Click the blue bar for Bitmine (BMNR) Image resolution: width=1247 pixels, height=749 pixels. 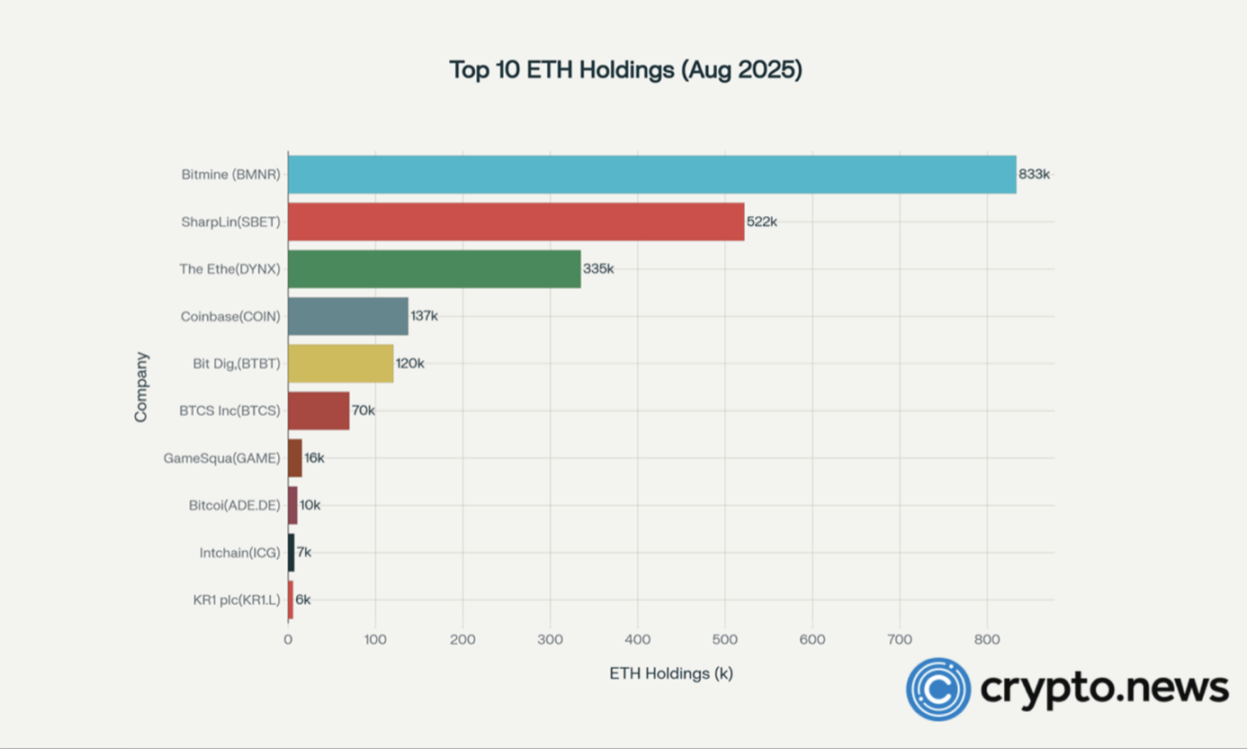click(x=651, y=175)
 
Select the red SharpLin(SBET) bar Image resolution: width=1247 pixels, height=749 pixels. click(x=516, y=221)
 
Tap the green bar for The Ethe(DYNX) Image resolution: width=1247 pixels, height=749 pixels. click(x=434, y=269)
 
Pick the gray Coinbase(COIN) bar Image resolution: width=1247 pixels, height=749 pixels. click(x=347, y=316)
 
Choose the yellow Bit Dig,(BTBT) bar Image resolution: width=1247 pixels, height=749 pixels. click(x=340, y=364)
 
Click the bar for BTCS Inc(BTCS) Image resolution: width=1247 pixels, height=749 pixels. click(x=318, y=411)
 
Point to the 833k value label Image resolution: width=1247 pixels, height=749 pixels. click(x=1034, y=175)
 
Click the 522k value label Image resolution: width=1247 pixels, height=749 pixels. click(x=761, y=221)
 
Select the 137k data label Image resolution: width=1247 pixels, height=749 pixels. click(x=424, y=316)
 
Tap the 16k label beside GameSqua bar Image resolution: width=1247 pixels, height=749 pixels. click(x=314, y=458)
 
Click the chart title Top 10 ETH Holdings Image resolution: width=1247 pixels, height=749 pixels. click(x=625, y=70)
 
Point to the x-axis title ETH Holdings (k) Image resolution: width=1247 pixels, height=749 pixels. click(x=671, y=673)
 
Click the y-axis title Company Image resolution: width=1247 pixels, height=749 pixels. click(x=141, y=387)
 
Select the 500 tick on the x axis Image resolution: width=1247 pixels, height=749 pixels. click(x=724, y=639)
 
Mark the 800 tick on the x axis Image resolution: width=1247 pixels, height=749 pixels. click(x=986, y=639)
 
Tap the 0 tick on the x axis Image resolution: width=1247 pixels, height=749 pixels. click(x=288, y=639)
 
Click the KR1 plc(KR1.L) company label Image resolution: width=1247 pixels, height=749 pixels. click(x=237, y=600)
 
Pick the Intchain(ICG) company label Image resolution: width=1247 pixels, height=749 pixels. click(x=239, y=553)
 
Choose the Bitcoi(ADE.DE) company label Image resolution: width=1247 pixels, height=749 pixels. click(x=234, y=505)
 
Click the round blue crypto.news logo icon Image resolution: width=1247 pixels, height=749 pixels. click(x=938, y=690)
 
